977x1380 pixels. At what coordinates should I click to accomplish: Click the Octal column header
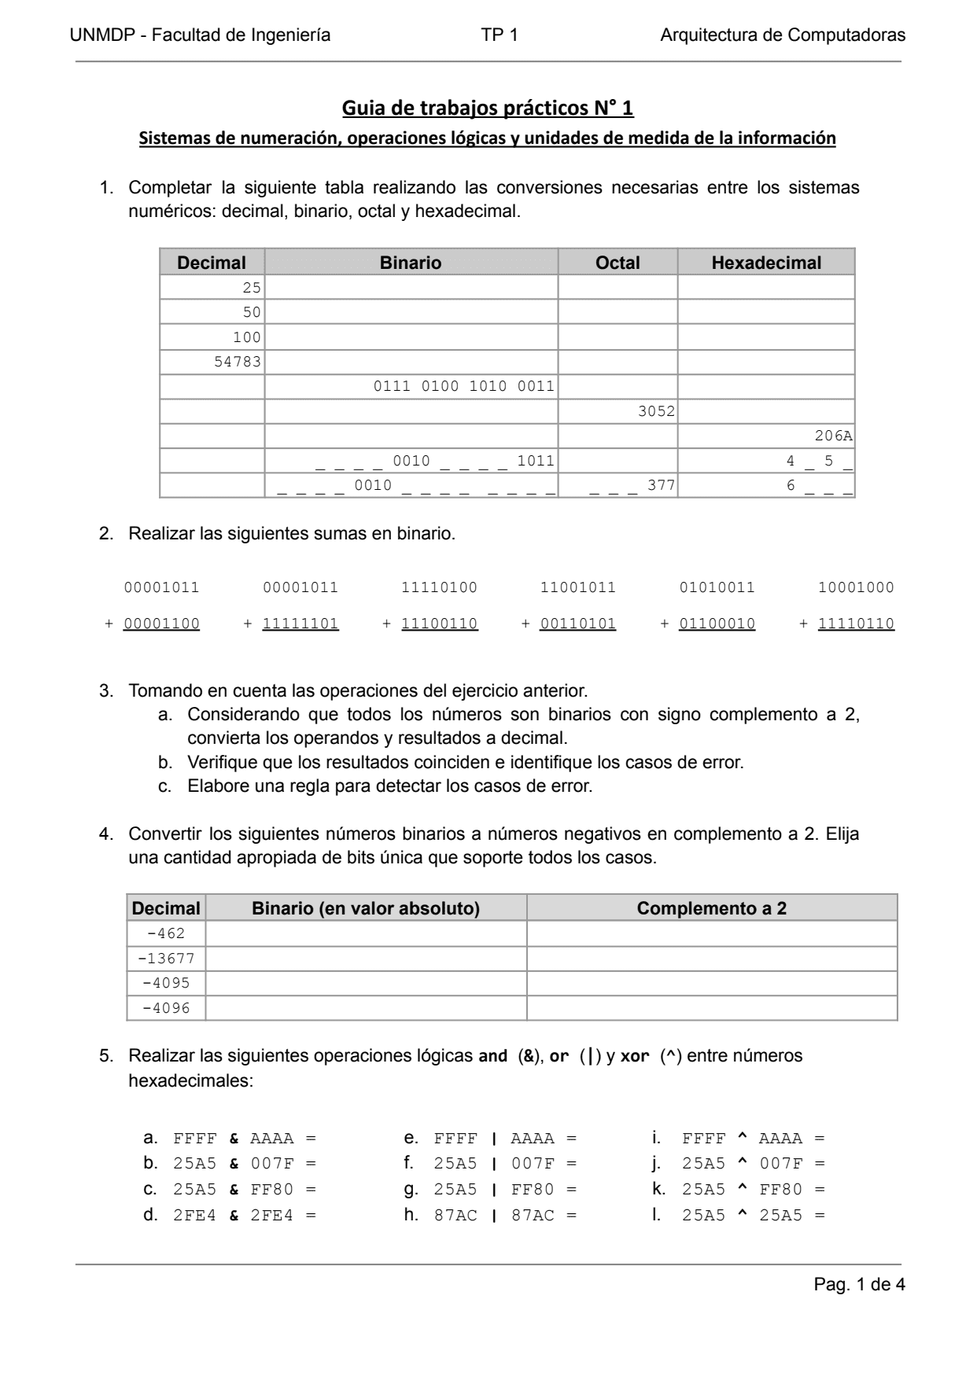(618, 263)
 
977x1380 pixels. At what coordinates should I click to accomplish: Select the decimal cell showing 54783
(238, 362)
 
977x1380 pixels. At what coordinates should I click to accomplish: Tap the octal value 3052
(656, 411)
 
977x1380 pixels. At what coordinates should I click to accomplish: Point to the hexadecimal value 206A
(833, 436)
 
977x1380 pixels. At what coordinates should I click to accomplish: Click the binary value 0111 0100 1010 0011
(463, 386)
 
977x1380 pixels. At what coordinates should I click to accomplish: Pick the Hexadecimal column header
(765, 263)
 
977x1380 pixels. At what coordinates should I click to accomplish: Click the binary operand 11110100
(439, 587)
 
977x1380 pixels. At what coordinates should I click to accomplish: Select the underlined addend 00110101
(578, 624)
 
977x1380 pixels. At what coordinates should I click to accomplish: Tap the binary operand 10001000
(856, 587)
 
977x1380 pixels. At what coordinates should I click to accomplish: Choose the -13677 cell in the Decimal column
(166, 959)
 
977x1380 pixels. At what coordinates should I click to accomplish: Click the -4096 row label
(166, 1008)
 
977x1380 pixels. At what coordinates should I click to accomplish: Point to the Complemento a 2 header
(711, 908)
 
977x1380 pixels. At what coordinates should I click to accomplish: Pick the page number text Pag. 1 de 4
(859, 1284)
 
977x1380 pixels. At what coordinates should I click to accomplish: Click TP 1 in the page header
(500, 35)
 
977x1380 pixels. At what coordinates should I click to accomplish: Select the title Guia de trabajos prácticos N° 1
(488, 108)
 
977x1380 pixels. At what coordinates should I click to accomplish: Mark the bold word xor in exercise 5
(635, 1056)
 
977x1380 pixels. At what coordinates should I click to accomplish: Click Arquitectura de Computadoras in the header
(783, 35)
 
